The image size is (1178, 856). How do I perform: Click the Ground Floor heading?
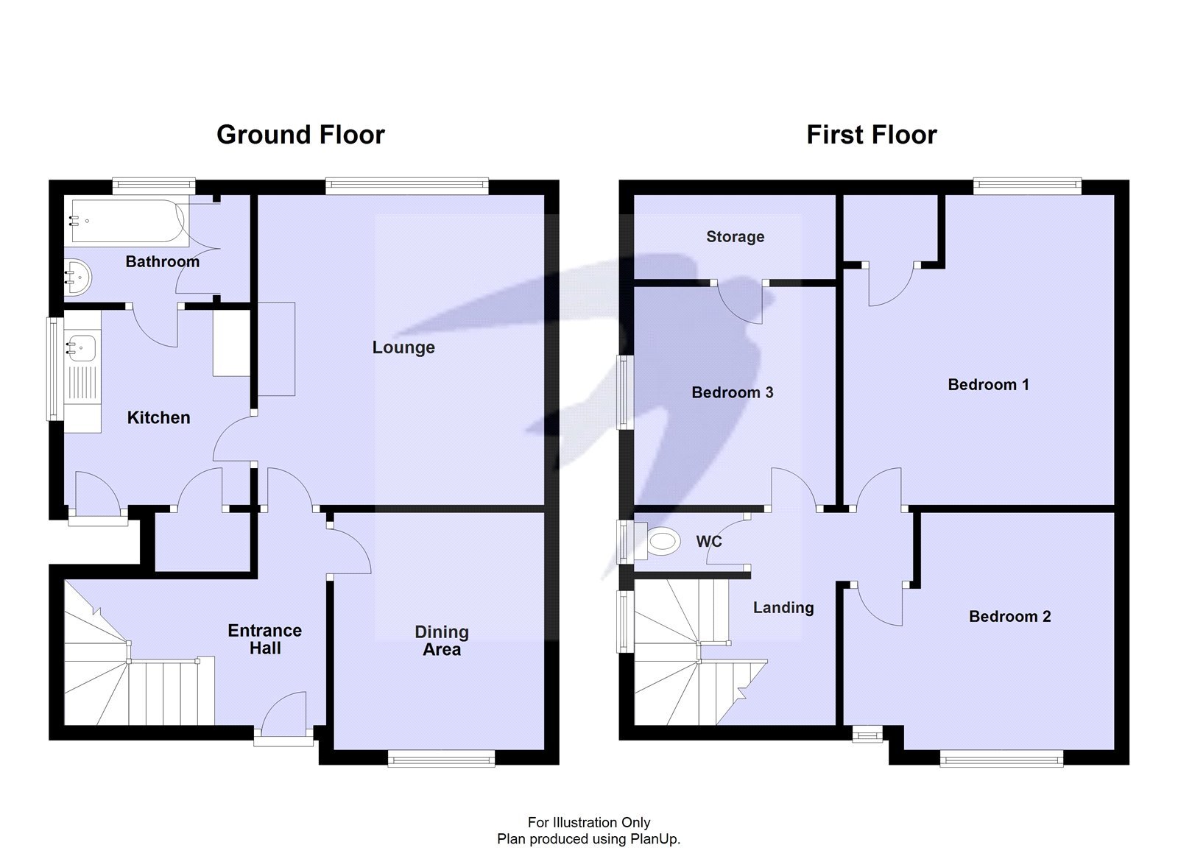(x=300, y=135)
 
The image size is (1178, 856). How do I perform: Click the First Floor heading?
(x=871, y=135)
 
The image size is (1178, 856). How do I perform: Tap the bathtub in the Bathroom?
(x=125, y=221)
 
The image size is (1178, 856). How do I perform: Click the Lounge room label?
(x=403, y=347)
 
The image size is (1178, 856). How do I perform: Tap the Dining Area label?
(x=442, y=640)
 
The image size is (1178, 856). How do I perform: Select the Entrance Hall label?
(x=265, y=639)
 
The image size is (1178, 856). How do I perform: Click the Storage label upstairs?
(x=735, y=237)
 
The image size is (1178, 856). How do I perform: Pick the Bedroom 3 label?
(x=732, y=392)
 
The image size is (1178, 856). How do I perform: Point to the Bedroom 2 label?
(x=1009, y=617)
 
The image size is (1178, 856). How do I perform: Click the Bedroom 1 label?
(x=988, y=384)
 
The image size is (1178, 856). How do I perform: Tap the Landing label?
(x=783, y=607)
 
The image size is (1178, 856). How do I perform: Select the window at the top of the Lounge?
(x=407, y=185)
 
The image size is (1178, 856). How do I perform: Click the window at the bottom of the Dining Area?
(x=442, y=758)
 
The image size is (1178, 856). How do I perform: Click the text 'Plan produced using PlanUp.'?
(x=588, y=839)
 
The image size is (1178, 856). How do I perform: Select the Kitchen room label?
(x=158, y=417)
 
